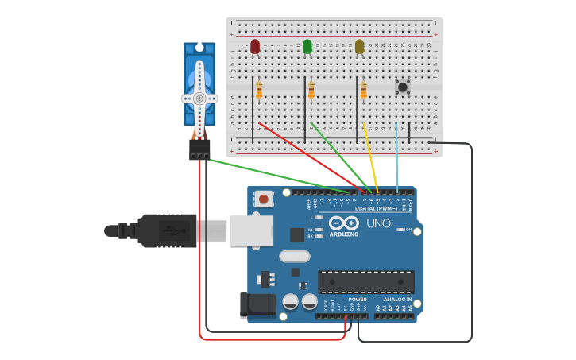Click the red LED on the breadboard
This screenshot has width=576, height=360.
tap(255, 47)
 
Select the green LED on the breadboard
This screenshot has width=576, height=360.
tap(307, 47)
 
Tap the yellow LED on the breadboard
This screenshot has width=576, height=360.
tap(360, 47)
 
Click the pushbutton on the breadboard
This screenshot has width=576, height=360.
tap(402, 86)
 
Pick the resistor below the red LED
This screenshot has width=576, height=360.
tap(259, 91)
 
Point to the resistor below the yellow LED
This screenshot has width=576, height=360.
tap(364, 91)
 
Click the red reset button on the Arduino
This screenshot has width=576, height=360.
tap(263, 199)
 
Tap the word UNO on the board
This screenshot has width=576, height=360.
tap(378, 223)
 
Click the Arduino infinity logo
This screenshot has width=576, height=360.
tap(344, 223)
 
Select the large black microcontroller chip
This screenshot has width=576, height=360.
tap(365, 281)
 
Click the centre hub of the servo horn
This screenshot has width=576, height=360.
tap(199, 99)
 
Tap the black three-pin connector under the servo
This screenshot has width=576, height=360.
tap(199, 149)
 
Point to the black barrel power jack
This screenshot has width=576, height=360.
tap(256, 305)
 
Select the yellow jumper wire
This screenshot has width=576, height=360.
tap(369, 155)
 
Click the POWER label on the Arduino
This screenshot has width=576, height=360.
tap(357, 300)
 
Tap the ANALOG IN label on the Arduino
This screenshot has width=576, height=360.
tap(397, 300)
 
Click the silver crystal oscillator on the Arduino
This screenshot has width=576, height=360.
tap(294, 256)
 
